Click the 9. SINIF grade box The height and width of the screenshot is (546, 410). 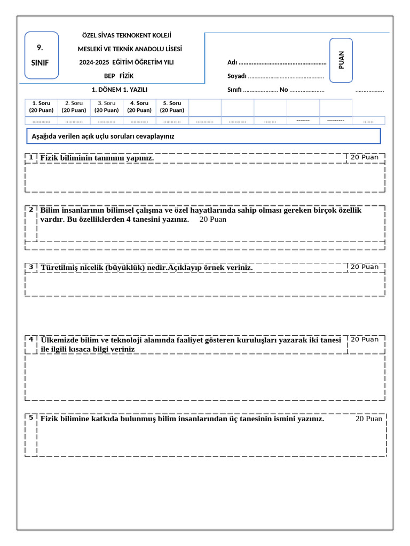tap(42, 55)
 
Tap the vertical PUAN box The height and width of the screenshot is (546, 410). tap(341, 60)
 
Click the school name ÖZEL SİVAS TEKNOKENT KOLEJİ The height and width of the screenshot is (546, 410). tap(126, 36)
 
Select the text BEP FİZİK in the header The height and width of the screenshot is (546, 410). tap(119, 76)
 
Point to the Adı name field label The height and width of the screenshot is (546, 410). tap(232, 63)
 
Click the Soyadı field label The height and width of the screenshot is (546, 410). tap(236, 76)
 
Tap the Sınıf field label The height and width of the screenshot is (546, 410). tap(234, 90)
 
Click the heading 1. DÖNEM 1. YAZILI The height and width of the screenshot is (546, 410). tap(120, 90)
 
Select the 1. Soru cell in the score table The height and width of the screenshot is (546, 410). tap(41, 107)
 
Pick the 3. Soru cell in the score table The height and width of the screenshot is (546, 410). tap(106, 107)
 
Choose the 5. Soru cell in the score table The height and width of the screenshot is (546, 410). tap(172, 107)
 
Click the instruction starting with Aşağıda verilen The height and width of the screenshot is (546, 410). tap(103, 136)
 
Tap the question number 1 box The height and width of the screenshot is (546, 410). tap(31, 158)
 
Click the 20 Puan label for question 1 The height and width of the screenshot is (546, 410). tap(364, 157)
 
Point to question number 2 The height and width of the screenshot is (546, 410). tap(31, 210)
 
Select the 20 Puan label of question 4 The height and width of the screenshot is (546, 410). tap(364, 340)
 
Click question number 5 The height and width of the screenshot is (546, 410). tap(31, 417)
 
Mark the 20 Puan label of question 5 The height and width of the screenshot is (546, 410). tap(369, 419)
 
